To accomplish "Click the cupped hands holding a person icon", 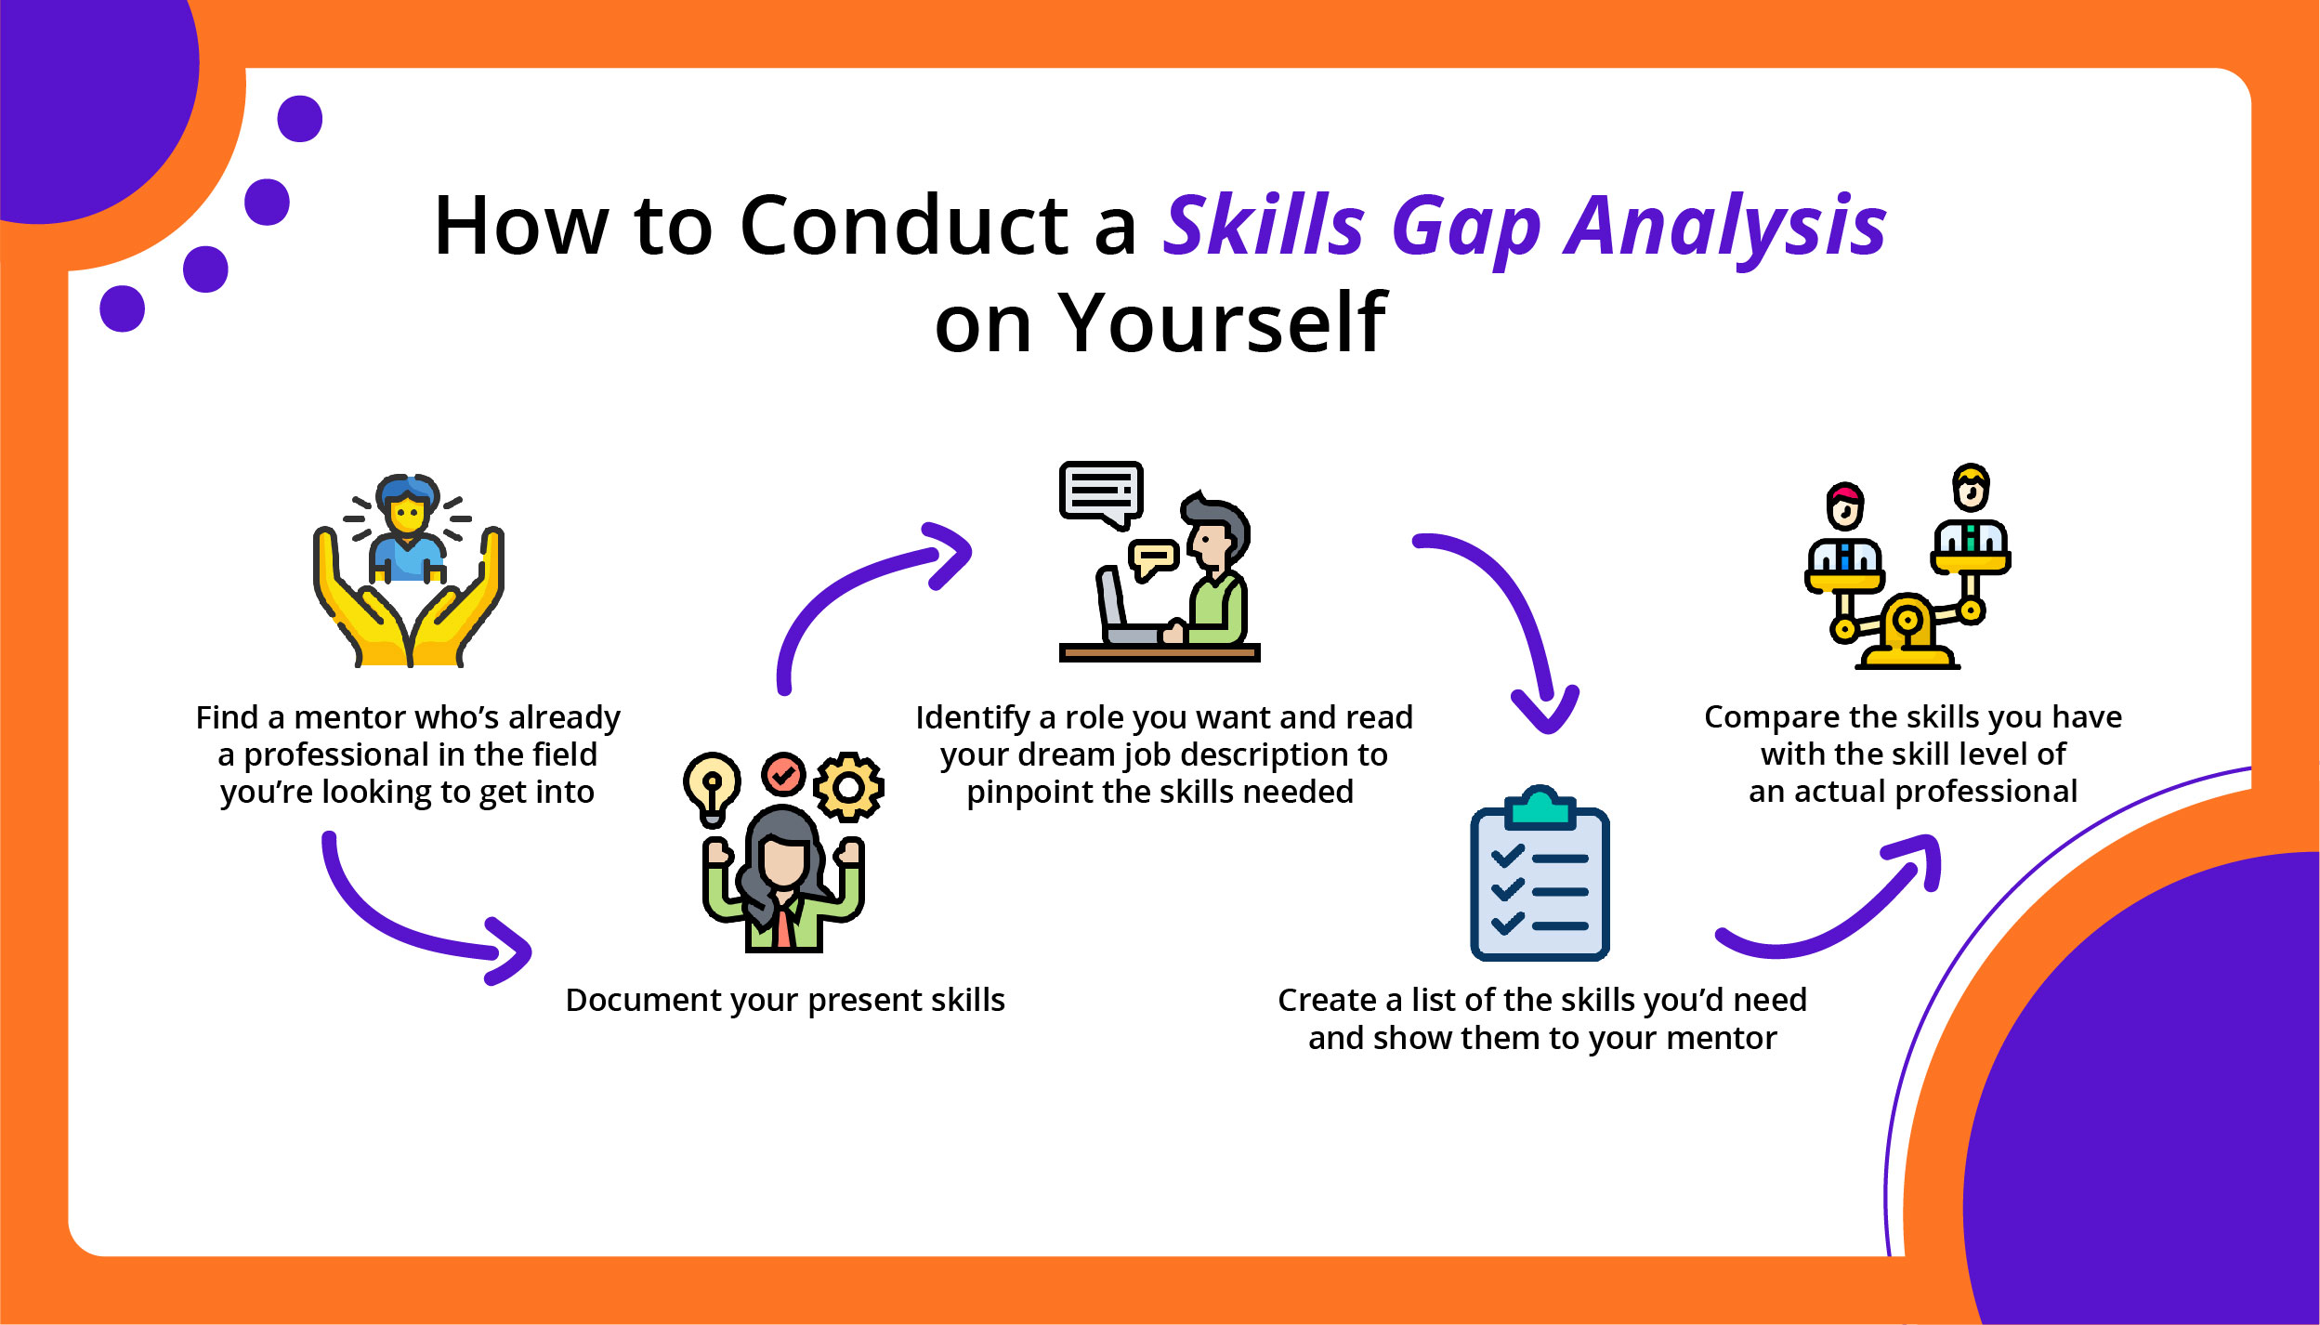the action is point(409,571).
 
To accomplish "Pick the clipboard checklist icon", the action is point(1540,872).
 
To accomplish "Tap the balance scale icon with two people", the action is point(1907,567).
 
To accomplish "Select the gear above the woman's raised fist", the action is point(848,787).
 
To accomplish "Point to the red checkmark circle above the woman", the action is point(783,774).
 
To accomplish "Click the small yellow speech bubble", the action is point(1152,559).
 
